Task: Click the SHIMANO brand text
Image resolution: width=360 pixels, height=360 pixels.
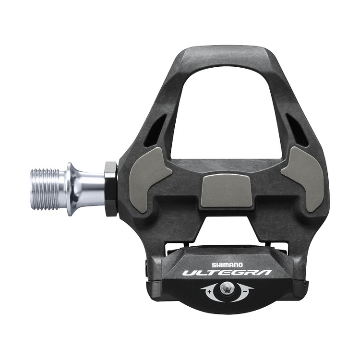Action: (x=228, y=264)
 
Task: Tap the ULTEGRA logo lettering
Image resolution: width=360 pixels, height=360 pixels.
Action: (x=227, y=273)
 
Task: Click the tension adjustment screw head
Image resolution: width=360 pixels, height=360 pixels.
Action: (x=227, y=289)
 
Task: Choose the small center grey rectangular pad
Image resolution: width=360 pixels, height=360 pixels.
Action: (x=224, y=191)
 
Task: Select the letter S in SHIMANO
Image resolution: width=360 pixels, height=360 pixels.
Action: (x=214, y=264)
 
